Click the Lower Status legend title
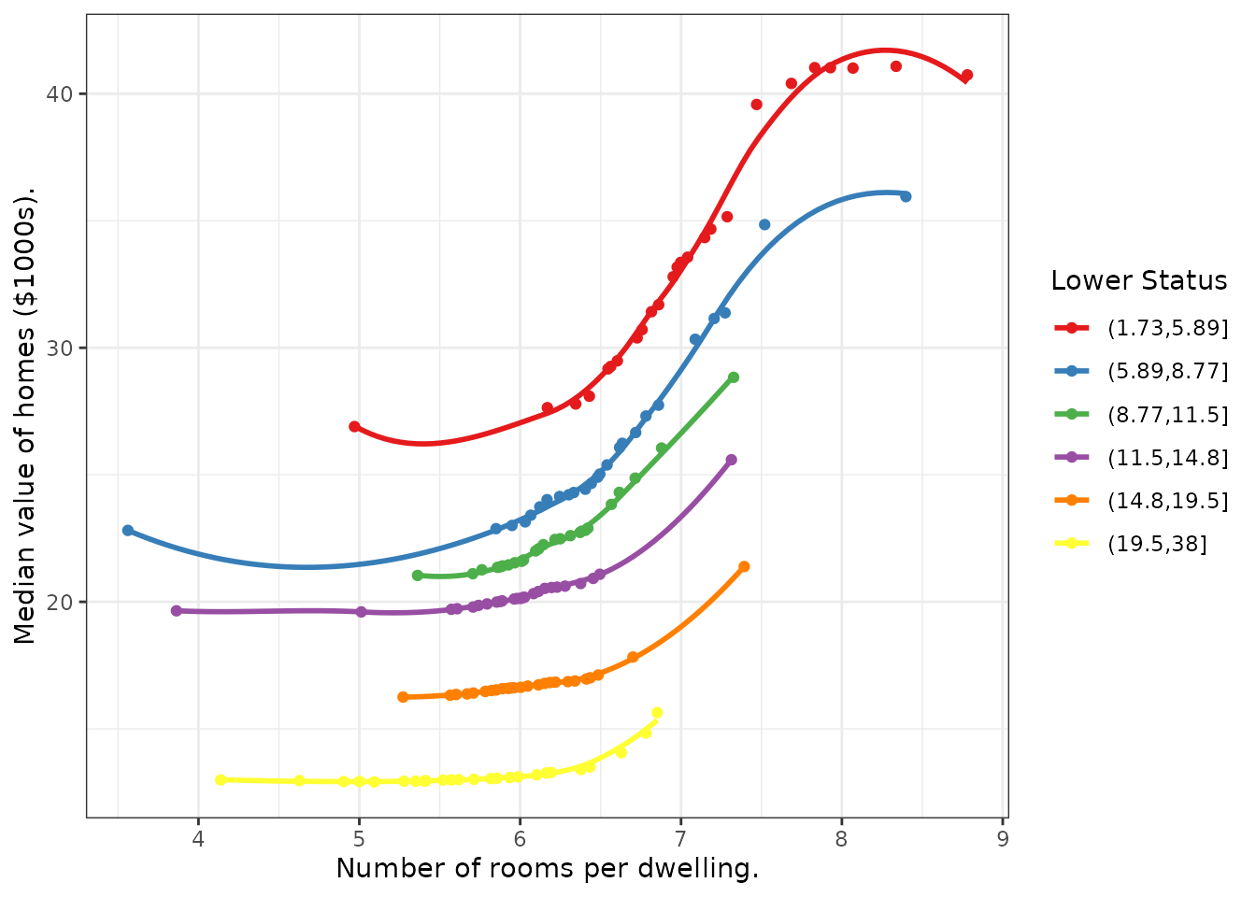1138,280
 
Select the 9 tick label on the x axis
1003,838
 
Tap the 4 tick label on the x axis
198,838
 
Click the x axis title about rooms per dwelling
547,869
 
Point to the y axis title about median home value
25,416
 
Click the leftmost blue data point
128,530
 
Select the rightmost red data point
967,75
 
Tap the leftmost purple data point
177,610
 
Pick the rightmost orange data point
744,566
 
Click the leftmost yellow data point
221,779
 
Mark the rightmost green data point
734,377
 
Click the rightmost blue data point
906,196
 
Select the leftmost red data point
354,426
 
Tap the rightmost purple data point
731,460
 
